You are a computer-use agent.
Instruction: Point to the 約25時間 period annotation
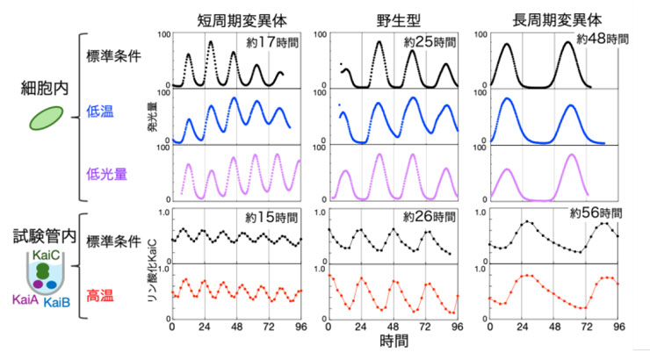click(x=430, y=40)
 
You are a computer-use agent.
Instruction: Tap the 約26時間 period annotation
click(x=430, y=215)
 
